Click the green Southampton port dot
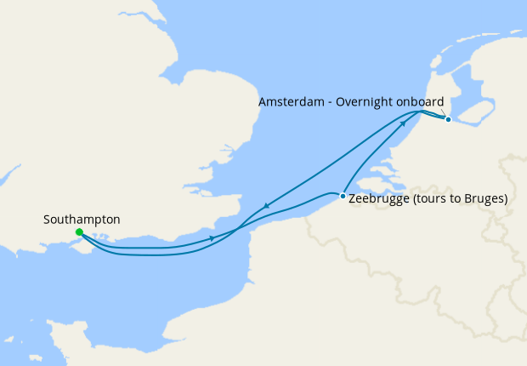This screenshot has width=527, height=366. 79,232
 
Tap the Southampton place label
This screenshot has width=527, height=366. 82,220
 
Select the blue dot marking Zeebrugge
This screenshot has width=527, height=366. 343,197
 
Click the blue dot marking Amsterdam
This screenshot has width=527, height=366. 448,119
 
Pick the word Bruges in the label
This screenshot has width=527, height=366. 484,199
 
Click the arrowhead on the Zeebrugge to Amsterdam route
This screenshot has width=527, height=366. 402,124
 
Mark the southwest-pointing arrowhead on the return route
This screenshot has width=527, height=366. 267,205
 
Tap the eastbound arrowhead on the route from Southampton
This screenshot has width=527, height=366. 211,238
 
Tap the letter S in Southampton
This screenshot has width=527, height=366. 48,220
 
